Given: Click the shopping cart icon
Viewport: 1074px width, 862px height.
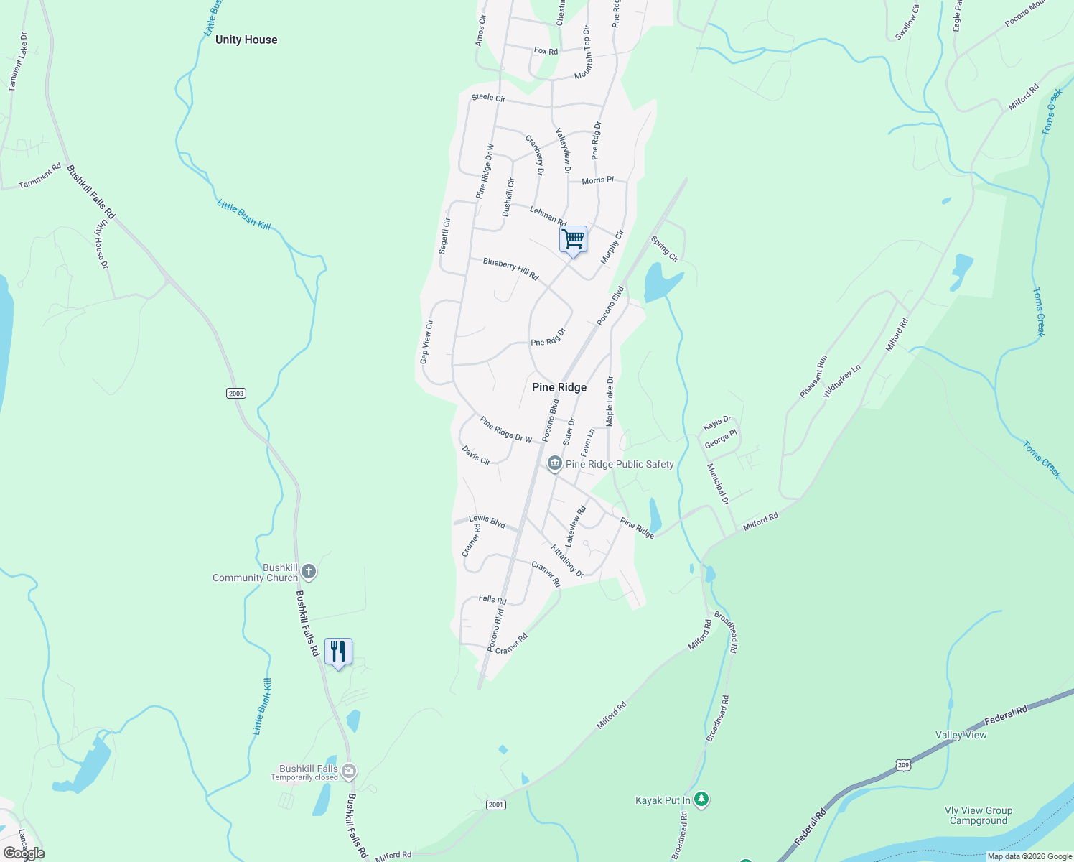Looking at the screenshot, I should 573,239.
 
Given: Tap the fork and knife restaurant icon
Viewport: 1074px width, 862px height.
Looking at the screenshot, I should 338,651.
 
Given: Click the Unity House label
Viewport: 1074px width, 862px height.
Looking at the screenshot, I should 246,40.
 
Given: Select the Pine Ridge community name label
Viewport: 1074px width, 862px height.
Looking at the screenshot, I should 559,387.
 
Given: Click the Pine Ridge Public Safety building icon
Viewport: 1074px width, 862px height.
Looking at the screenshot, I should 554,464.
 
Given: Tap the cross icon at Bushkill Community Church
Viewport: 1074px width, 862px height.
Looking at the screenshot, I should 309,572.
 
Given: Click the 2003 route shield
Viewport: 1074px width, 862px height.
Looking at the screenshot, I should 235,393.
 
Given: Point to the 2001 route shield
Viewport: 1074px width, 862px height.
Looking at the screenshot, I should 495,805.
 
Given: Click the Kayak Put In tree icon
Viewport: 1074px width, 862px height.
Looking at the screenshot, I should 701,799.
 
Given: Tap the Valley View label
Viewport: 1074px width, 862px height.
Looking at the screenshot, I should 961,735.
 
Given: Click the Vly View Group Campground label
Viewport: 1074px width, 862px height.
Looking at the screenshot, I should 979,815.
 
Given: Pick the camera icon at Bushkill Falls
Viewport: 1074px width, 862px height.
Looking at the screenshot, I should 349,772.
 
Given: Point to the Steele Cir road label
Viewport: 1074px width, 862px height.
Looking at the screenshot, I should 488,98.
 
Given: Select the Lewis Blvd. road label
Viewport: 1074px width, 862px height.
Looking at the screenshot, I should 487,522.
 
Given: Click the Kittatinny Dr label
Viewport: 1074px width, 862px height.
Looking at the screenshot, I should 567,560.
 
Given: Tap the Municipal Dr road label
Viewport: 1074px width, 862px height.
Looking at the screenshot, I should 717,484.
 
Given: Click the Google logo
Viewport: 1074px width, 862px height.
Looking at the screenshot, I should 24,853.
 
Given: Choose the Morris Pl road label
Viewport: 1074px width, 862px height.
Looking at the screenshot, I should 597,180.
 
